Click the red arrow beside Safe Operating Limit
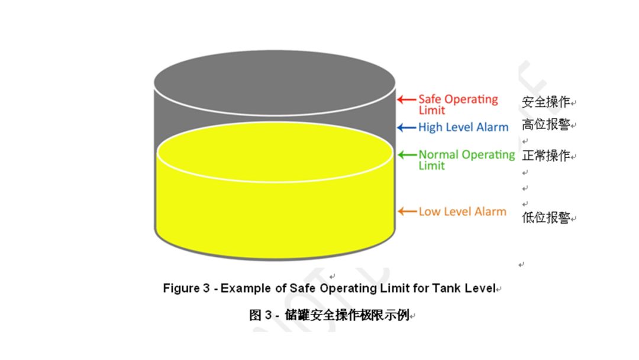point(406,99)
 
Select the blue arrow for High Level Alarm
point(406,127)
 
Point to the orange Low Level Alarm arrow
point(406,211)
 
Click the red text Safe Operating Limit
point(457,104)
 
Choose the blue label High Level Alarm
point(463,127)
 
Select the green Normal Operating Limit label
point(466,160)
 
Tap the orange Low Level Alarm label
point(462,211)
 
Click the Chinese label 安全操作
point(546,102)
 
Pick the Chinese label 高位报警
point(546,125)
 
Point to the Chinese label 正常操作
point(546,156)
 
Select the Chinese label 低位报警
point(546,218)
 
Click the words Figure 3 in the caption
point(186,288)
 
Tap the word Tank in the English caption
point(446,288)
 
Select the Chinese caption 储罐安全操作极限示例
point(344,315)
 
